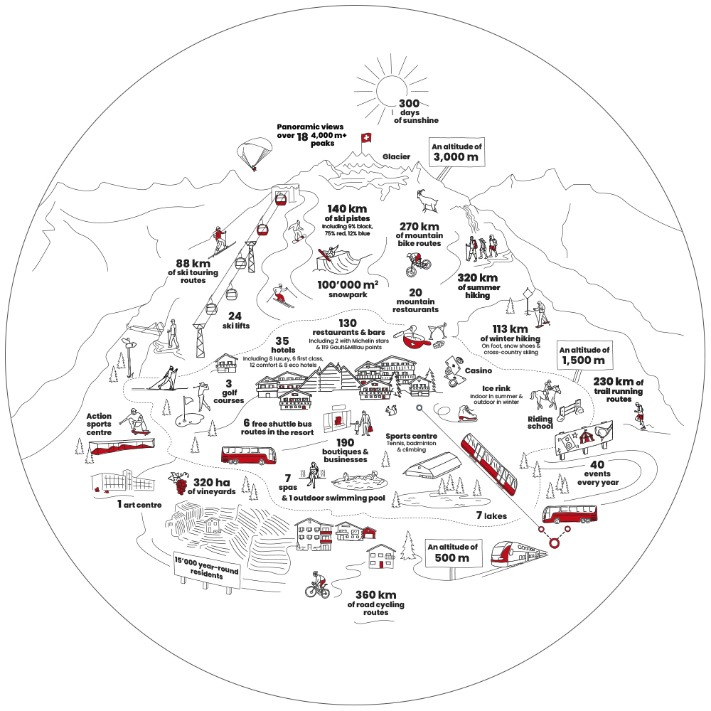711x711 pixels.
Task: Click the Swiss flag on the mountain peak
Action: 365,137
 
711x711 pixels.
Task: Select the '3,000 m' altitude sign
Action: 456,152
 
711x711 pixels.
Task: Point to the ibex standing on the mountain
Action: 427,201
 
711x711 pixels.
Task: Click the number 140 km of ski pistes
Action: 347,208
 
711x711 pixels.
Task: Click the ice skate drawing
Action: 466,413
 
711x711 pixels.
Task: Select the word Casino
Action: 479,370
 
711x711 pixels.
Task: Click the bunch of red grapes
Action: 179,483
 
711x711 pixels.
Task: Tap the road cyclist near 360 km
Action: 317,584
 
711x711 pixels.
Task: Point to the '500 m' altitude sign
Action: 452,552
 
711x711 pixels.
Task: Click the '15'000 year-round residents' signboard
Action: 207,570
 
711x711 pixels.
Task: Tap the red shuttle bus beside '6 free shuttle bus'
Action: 248,455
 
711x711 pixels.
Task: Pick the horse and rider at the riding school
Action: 545,395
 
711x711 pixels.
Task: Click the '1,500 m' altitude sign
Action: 584,355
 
